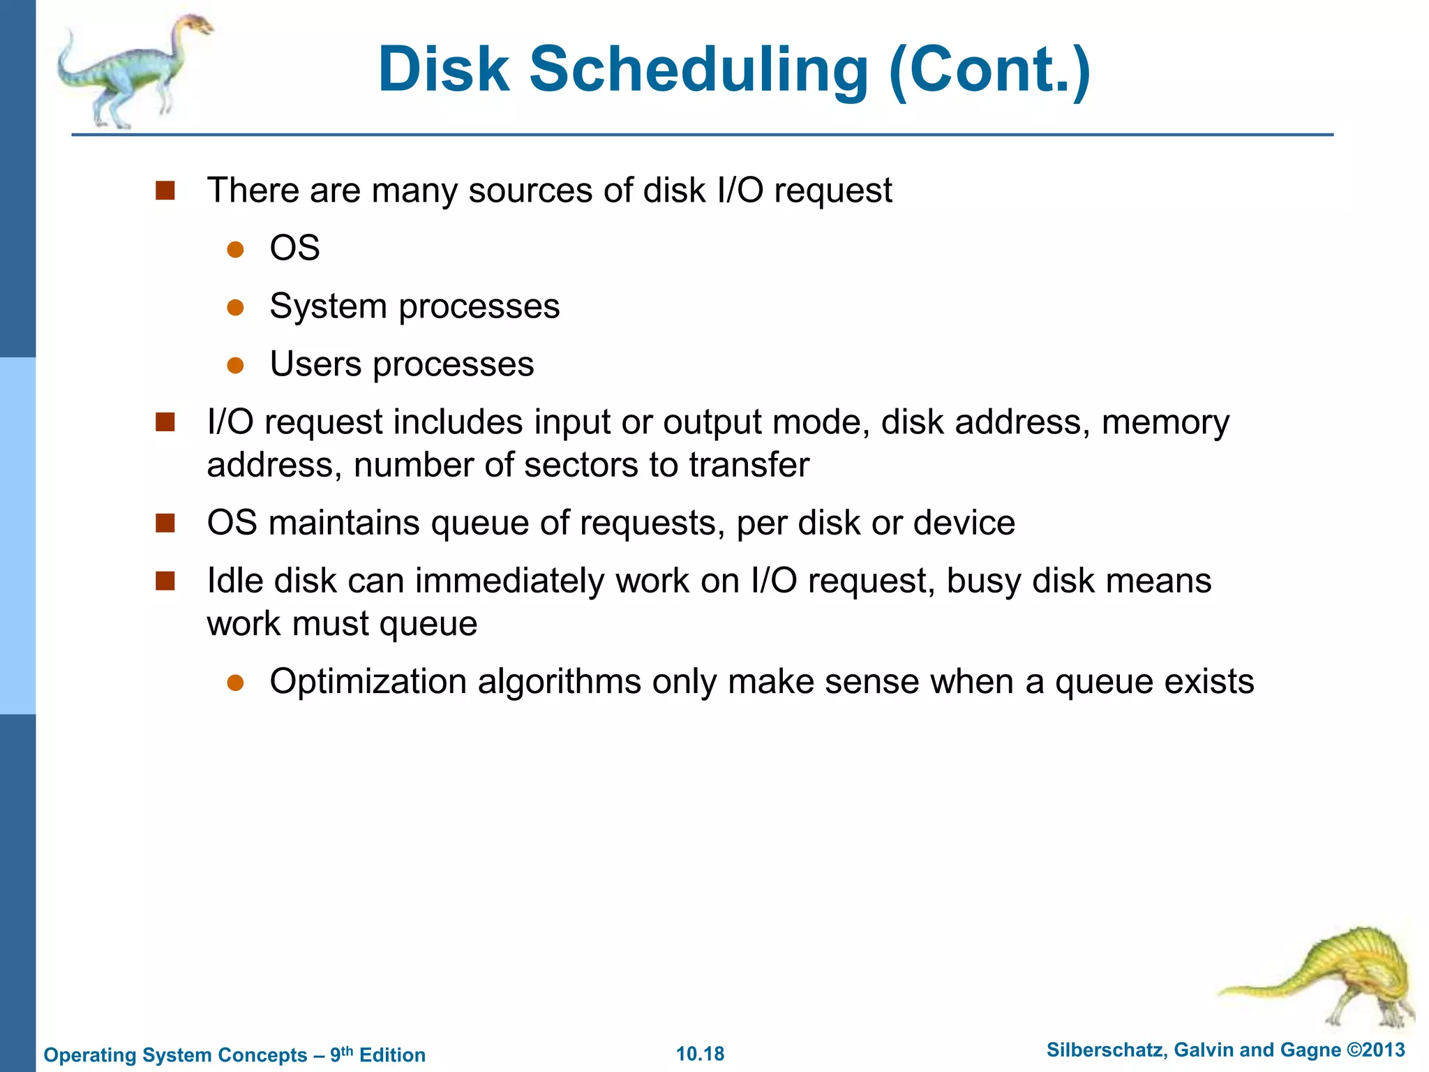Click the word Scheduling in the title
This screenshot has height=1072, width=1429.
point(698,70)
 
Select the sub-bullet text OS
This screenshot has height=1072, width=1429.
point(294,248)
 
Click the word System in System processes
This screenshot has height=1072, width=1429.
point(328,307)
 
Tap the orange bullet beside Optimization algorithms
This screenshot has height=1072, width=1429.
point(235,682)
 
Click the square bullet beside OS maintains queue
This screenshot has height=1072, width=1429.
point(165,523)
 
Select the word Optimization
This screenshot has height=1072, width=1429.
point(368,682)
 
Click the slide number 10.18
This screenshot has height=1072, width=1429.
point(700,1054)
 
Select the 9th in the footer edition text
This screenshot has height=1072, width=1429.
point(341,1054)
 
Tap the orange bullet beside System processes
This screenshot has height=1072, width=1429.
point(235,307)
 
